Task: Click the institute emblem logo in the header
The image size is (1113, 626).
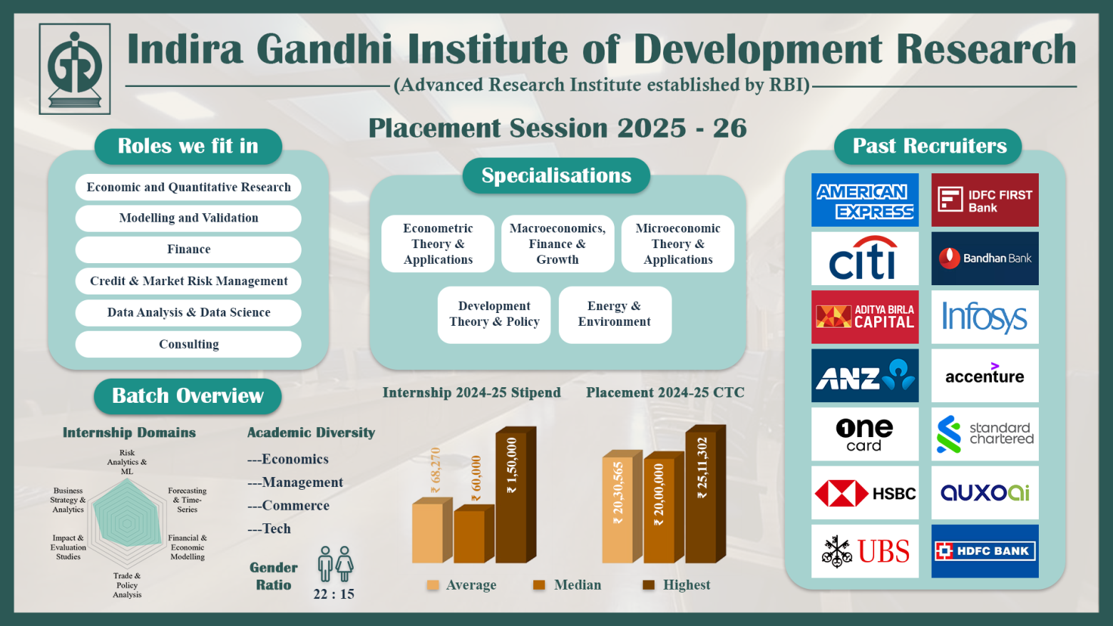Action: coord(75,69)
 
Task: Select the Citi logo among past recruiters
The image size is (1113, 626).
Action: coord(864,259)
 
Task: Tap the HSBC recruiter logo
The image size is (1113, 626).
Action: coord(864,493)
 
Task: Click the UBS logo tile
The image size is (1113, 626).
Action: coord(864,551)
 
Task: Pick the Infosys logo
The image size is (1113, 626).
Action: coord(984,317)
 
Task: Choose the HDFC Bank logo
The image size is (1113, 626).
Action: coord(984,551)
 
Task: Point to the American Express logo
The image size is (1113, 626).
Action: coord(864,200)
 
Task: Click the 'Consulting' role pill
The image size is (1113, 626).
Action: coord(188,344)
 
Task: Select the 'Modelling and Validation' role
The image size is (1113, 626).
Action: coord(188,218)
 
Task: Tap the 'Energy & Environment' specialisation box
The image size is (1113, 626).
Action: coord(614,314)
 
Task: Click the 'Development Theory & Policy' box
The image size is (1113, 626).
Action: coord(494,314)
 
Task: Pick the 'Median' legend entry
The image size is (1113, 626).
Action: coord(568,585)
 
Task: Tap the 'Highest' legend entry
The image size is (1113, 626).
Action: coord(677,585)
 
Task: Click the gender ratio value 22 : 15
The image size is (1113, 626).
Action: coord(334,594)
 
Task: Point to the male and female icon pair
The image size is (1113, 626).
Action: coord(335,564)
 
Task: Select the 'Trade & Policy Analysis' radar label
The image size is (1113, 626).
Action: coord(127,585)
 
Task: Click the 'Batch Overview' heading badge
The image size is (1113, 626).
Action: coord(188,396)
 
